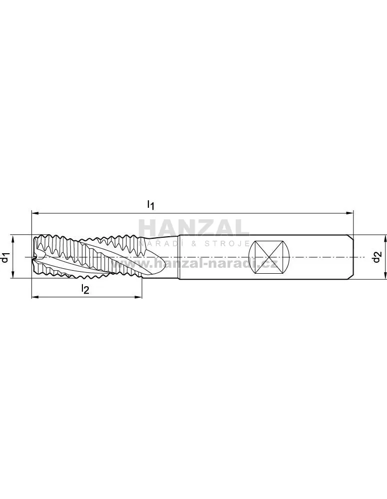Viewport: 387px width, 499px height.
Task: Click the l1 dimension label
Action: (150, 205)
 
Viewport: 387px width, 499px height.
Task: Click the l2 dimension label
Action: (85, 289)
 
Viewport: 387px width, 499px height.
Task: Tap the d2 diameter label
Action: (377, 257)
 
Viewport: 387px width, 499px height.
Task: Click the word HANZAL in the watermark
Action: (194, 228)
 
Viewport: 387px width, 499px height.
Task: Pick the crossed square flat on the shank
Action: (269, 257)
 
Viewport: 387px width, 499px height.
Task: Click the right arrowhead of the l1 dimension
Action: (351, 214)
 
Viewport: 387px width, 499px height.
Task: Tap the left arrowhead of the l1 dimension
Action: (35, 214)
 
